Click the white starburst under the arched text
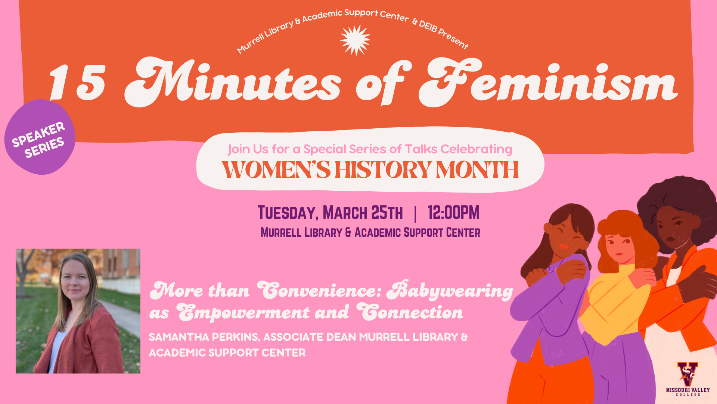(x=355, y=40)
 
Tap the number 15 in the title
(x=78, y=82)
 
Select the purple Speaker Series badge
(x=40, y=137)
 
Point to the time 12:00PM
(x=453, y=212)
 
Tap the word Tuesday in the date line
(x=288, y=213)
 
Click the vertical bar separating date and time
(x=415, y=214)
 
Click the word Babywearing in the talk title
(x=450, y=290)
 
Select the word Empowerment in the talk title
(x=243, y=312)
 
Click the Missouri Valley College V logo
(x=688, y=374)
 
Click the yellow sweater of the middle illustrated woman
(x=616, y=303)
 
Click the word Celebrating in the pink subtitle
(x=477, y=150)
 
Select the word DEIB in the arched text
(x=428, y=26)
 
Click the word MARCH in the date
(x=345, y=213)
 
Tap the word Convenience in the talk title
(x=319, y=290)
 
